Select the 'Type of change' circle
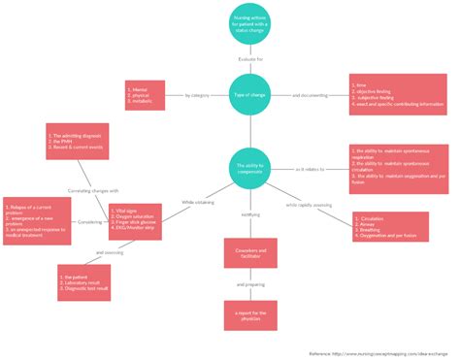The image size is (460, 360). (x=250, y=96)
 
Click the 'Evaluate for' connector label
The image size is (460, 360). (x=250, y=60)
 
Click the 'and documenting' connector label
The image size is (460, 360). (x=309, y=96)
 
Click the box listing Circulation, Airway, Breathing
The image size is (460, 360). (x=390, y=227)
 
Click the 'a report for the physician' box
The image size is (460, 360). (x=250, y=312)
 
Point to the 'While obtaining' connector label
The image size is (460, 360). (x=197, y=202)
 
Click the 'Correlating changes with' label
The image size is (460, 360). (x=94, y=191)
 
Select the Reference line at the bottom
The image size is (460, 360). (x=379, y=353)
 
